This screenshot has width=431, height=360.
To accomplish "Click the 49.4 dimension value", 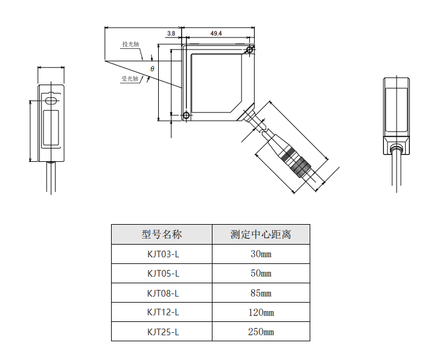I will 216,34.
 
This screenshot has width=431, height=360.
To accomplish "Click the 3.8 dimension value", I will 171,34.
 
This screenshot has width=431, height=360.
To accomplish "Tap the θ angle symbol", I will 152,69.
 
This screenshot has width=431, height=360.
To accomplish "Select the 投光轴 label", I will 130,44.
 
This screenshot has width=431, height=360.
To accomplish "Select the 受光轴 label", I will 130,79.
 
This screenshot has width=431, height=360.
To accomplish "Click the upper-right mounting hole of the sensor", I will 250,50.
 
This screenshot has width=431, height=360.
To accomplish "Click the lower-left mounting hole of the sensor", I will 186,115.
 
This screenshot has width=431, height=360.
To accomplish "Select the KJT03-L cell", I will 161,254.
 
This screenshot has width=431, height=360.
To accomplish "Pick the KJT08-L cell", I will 161,293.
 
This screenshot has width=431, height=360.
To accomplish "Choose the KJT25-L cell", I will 161,332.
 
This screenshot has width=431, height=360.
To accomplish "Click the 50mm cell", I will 261,274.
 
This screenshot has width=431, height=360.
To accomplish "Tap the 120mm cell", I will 261,312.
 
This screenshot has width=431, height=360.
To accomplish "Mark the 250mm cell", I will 261,332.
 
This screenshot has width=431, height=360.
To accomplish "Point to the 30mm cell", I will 261,254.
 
